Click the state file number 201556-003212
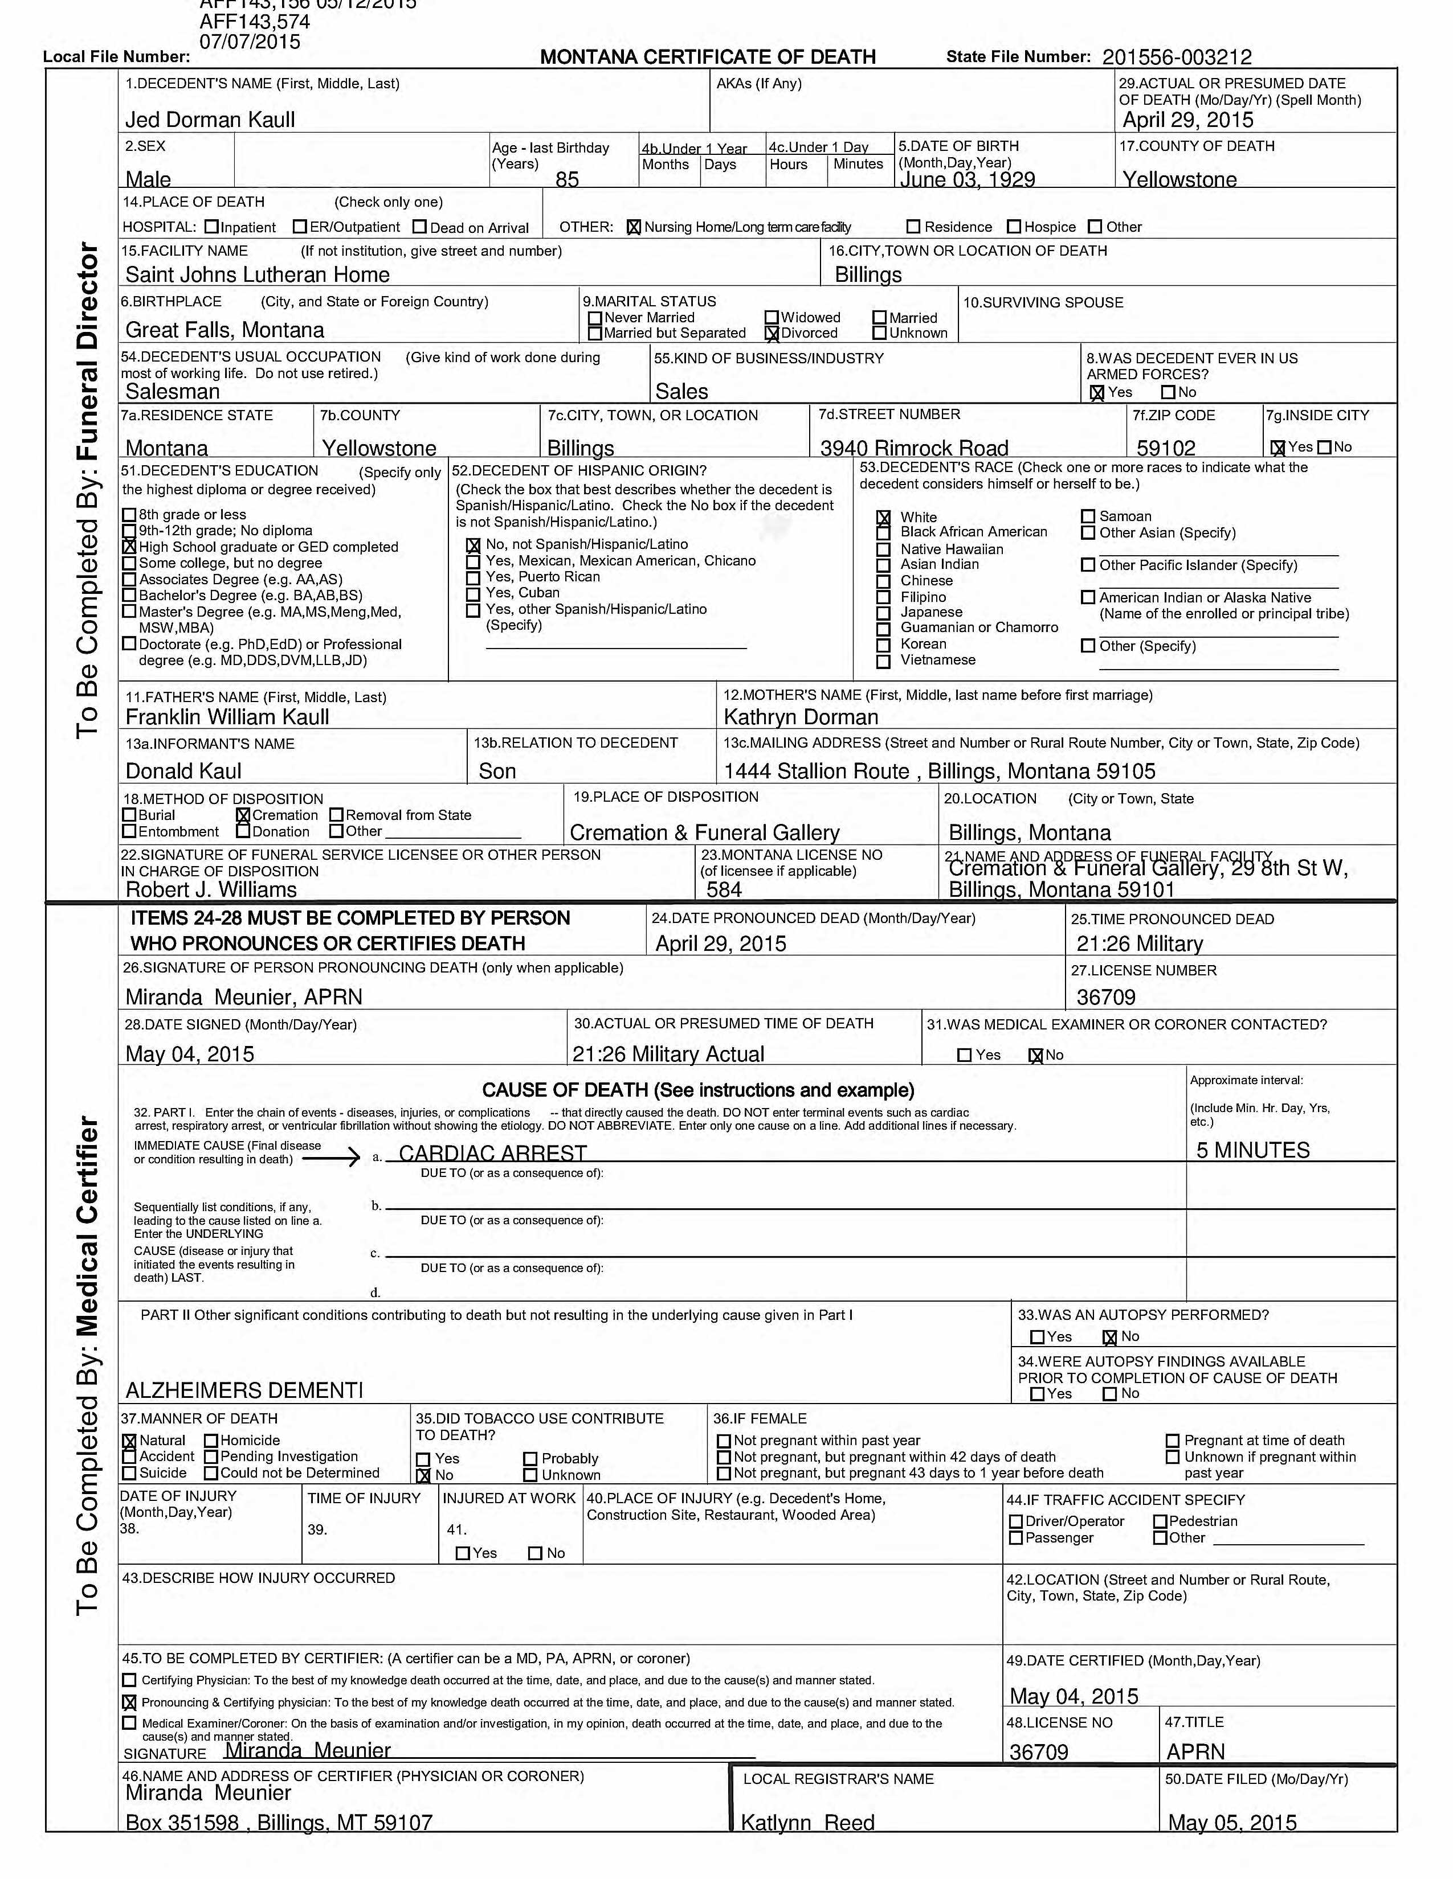click(x=1176, y=58)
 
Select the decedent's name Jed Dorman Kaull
click(x=210, y=120)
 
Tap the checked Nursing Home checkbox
click(x=634, y=227)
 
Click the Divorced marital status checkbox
click(x=772, y=334)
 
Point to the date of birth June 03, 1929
click(x=966, y=179)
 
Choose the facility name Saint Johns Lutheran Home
click(x=258, y=274)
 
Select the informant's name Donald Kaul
click(x=183, y=771)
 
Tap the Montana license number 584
click(x=724, y=889)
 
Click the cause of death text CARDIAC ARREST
click(x=492, y=1153)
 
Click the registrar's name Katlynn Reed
click(x=807, y=1822)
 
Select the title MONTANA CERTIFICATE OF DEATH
click(x=708, y=57)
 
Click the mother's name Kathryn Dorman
click(x=801, y=717)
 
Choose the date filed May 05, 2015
click(x=1232, y=1822)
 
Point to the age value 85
click(x=568, y=179)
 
